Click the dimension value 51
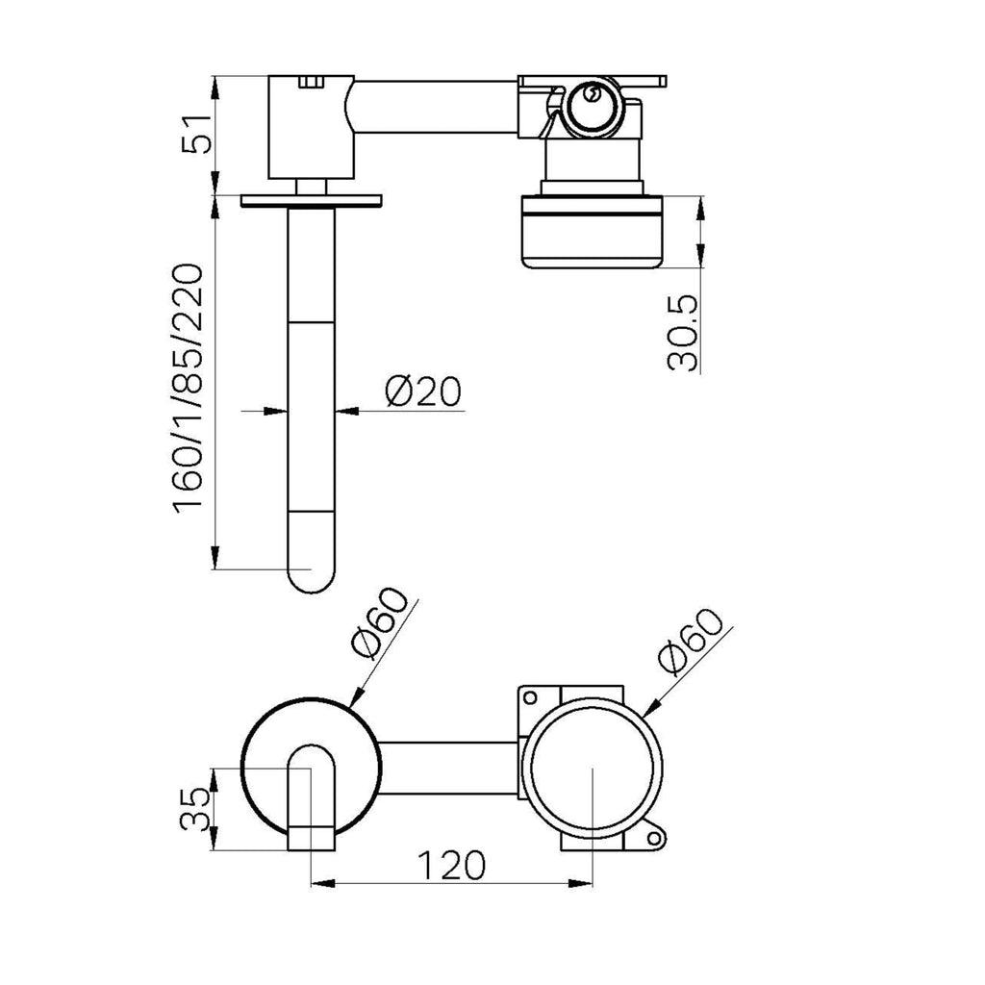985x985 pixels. (x=196, y=133)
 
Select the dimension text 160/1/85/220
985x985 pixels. (x=189, y=390)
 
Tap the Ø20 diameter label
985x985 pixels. (x=423, y=391)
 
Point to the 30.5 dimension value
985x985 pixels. (x=683, y=332)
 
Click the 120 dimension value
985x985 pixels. (x=451, y=865)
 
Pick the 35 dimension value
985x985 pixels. (x=194, y=809)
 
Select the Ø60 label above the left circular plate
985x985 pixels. (x=381, y=622)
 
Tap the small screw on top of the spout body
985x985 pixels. (x=311, y=82)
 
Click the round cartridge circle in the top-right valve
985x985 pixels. (x=592, y=108)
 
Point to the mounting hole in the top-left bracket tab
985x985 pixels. (x=530, y=697)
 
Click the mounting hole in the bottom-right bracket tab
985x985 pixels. (x=654, y=838)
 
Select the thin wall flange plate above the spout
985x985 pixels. (x=312, y=200)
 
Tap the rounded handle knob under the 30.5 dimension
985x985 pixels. (x=592, y=232)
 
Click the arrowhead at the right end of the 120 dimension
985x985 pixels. (x=580, y=883)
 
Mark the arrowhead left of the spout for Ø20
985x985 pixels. (x=276, y=411)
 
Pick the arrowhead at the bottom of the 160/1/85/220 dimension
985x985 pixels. (x=215, y=557)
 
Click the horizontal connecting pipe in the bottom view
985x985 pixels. (x=449, y=768)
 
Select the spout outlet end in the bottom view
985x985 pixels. (x=311, y=839)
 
